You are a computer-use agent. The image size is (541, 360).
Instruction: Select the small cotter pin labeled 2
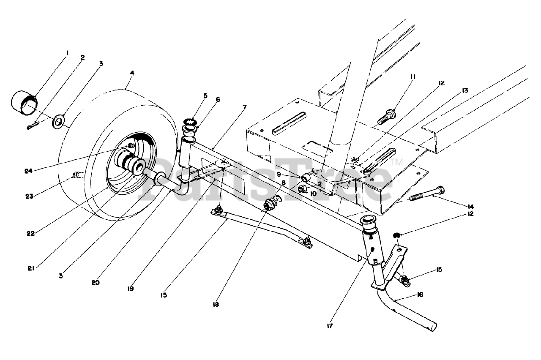(x=33, y=126)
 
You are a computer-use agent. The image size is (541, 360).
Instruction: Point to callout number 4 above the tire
(x=132, y=73)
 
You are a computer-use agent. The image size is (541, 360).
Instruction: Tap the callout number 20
(x=95, y=282)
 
